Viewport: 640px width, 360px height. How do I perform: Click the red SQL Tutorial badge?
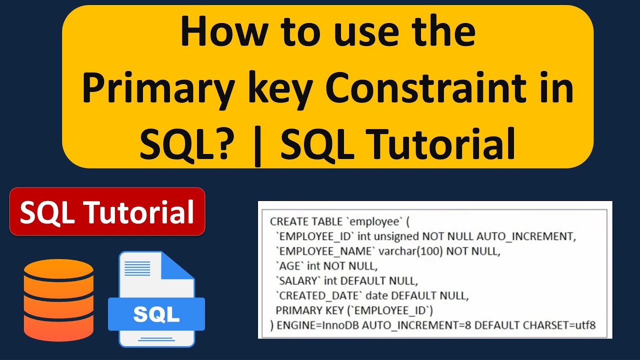click(107, 212)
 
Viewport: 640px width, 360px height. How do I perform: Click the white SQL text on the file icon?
click(156, 314)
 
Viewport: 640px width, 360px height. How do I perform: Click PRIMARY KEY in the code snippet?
click(307, 310)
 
